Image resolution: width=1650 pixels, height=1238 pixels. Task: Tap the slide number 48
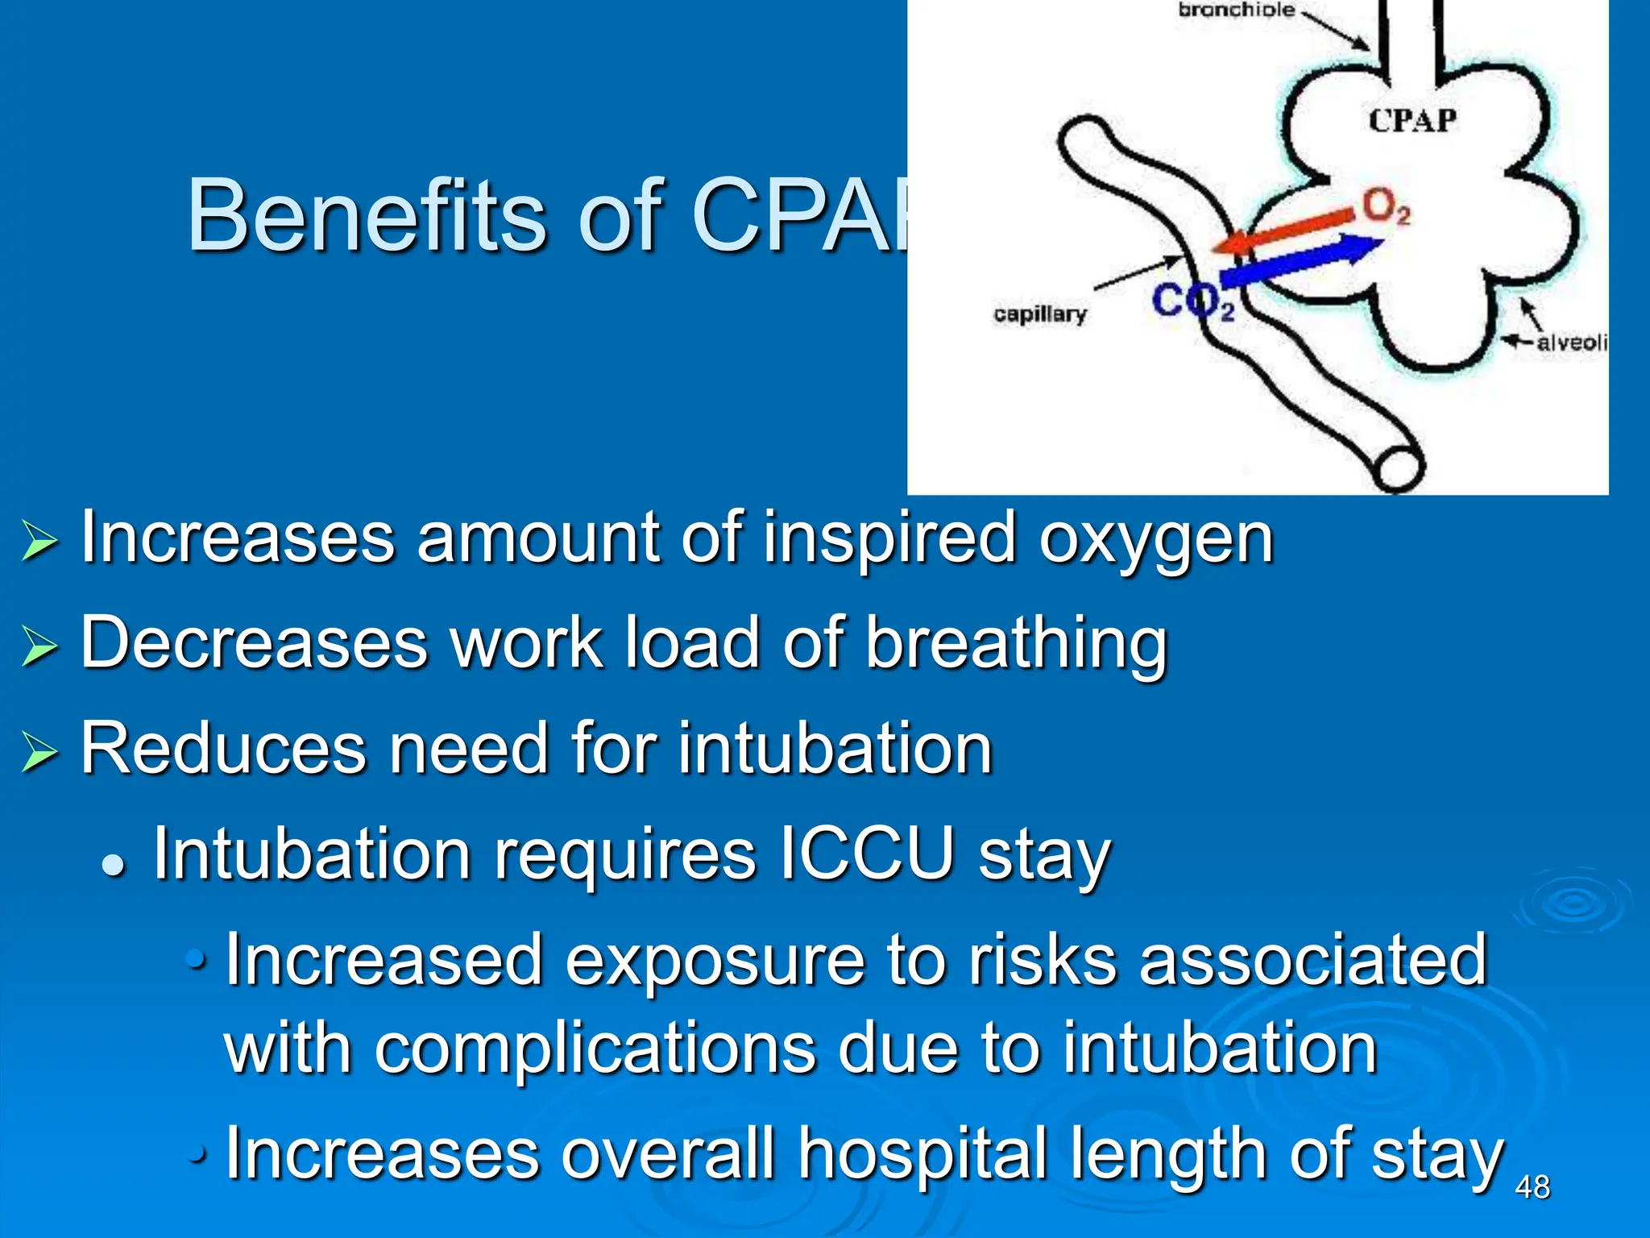1532,1187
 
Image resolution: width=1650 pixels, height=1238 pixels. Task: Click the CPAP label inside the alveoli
1412,121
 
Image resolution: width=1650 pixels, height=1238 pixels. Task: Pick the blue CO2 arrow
1297,260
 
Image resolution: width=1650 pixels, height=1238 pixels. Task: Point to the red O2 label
1386,207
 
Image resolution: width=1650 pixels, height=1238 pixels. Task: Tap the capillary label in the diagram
1039,314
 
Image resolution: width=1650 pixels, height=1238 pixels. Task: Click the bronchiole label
1236,10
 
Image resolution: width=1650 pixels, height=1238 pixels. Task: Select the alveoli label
1571,343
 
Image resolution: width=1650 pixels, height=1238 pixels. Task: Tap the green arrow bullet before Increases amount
39,540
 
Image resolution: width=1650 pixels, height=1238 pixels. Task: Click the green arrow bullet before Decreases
39,646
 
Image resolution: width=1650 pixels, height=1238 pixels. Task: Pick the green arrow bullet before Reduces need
39,751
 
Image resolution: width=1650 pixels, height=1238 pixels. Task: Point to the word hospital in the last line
923,1154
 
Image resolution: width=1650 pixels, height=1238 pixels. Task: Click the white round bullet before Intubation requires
114,866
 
